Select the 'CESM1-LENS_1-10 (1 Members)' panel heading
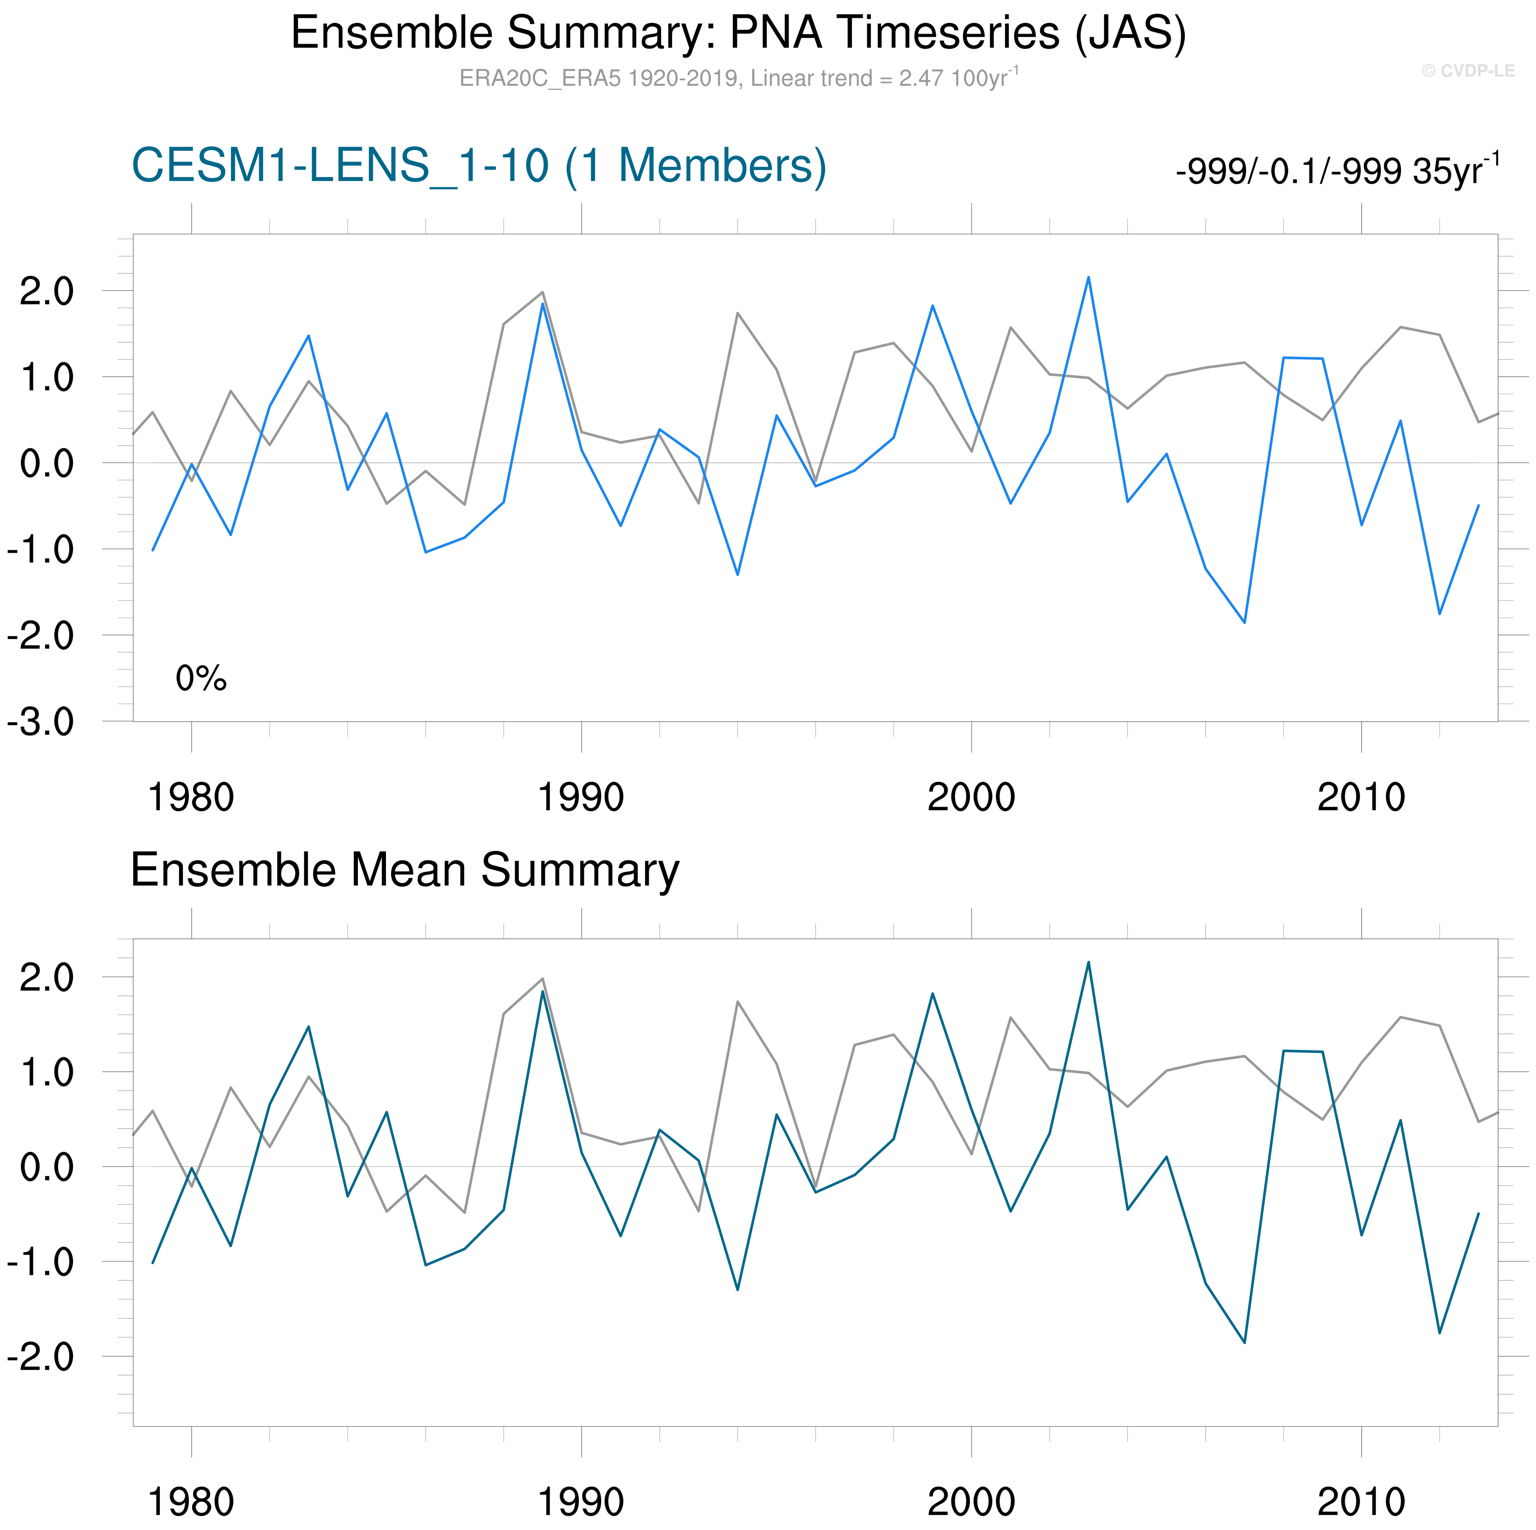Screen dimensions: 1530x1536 point(479,166)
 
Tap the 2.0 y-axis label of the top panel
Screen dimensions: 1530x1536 point(46,292)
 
